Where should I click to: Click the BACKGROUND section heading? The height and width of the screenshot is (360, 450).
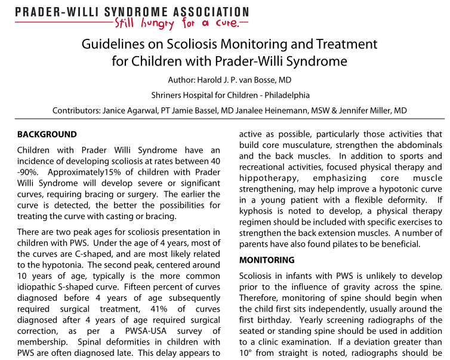point(47,134)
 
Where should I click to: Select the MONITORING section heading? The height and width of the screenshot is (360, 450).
point(267,260)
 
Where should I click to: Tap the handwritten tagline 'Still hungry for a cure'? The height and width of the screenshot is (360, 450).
point(177,24)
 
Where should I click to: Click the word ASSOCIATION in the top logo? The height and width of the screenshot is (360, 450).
point(207,12)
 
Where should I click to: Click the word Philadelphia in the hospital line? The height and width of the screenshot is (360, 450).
point(282,95)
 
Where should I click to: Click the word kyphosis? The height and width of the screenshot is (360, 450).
point(256,211)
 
